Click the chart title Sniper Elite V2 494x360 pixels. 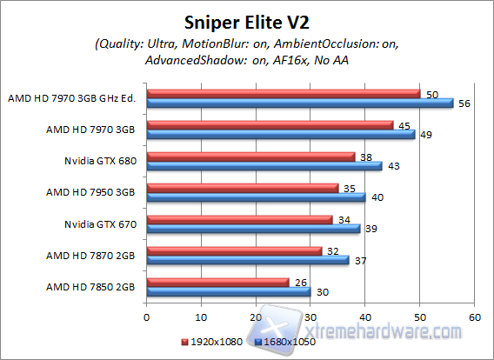click(247, 20)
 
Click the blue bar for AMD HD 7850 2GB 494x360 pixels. click(230, 291)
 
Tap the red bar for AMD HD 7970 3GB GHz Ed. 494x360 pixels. click(284, 93)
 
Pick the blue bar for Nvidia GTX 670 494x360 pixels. click(254, 229)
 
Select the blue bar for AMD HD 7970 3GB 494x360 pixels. click(286, 135)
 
